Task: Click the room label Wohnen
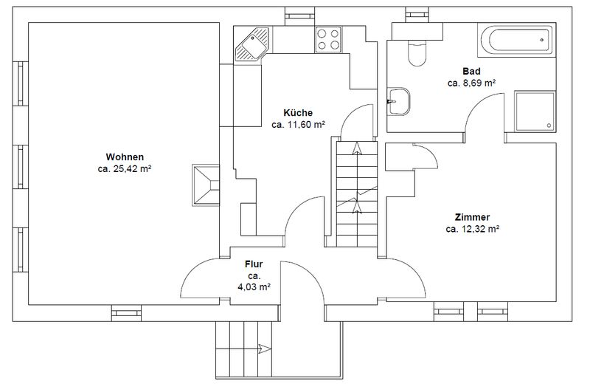(125, 157)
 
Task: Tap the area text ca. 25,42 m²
(125, 169)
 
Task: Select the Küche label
(298, 113)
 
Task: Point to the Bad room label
(471, 71)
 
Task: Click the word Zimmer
(472, 217)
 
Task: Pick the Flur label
(254, 264)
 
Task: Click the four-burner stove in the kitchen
(328, 40)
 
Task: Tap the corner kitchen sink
(253, 44)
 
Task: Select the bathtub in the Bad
(516, 40)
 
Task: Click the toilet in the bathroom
(417, 52)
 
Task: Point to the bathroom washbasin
(398, 101)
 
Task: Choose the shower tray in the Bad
(535, 112)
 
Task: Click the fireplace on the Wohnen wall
(206, 185)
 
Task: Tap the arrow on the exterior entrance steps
(265, 349)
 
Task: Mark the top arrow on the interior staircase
(357, 148)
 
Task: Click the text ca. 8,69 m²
(471, 83)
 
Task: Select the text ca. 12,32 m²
(473, 229)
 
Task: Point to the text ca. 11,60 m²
(298, 124)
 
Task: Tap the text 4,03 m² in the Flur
(254, 287)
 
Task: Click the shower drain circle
(549, 126)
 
